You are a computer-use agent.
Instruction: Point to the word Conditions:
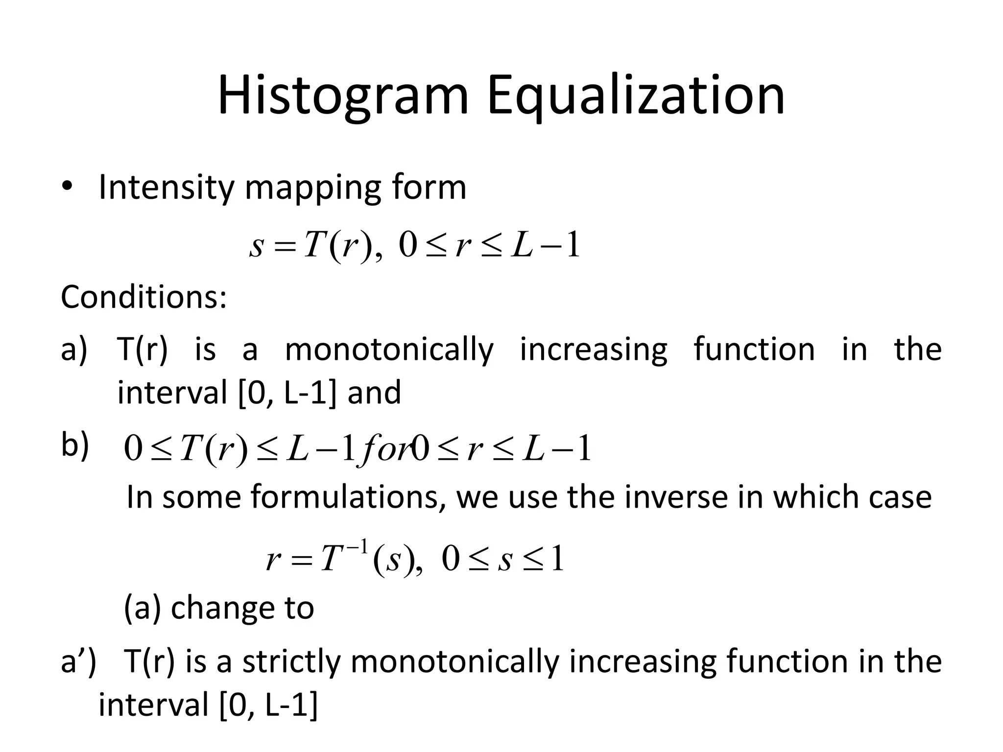(x=144, y=297)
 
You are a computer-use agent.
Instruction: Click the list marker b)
(x=75, y=446)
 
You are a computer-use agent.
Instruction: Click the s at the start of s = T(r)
(x=257, y=246)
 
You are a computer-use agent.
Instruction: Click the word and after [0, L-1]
(x=374, y=393)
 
